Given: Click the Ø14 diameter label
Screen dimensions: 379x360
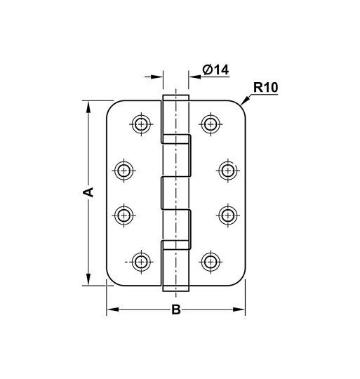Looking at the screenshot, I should (x=215, y=69).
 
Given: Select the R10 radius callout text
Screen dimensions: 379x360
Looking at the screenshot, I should (x=266, y=88).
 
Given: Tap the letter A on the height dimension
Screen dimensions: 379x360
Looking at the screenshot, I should (x=88, y=192).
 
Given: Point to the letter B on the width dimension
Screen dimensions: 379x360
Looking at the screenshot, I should (x=176, y=310).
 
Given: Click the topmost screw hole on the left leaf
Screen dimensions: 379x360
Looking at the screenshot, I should (x=141, y=124).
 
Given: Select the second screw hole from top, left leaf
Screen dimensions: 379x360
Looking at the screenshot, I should (x=124, y=170).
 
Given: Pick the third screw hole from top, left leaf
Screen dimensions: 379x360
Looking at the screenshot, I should (x=124, y=215).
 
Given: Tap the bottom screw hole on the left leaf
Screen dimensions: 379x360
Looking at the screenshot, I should (x=141, y=261).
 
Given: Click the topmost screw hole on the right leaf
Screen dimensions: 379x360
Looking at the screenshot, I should (x=210, y=124).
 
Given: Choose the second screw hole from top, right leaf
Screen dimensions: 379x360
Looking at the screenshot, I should (x=227, y=170).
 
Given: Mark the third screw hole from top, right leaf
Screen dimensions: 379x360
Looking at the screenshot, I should (x=227, y=215).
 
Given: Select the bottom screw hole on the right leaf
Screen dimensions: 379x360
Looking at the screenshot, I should (x=210, y=261).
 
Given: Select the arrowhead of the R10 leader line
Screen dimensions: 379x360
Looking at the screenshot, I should (x=243, y=104).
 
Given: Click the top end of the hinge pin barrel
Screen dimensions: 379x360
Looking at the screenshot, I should (x=175, y=97).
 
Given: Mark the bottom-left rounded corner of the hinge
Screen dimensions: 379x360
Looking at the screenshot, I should (x=111, y=281).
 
